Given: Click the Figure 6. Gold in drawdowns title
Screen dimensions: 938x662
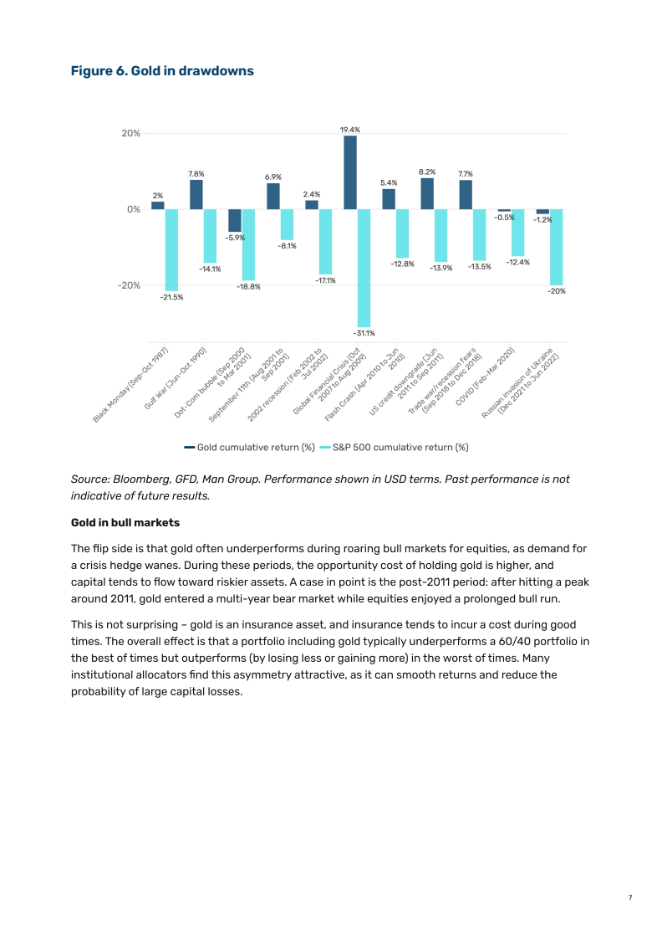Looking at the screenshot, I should [162, 71].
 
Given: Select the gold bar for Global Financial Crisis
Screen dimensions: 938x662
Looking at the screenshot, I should [350, 172].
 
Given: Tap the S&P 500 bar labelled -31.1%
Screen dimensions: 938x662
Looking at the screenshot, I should [364, 268].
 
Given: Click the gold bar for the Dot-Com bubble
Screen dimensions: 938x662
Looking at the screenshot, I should [235, 221].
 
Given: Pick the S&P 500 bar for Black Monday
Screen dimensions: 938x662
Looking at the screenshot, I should [171, 249].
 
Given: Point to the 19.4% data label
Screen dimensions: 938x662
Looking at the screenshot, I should [350, 130].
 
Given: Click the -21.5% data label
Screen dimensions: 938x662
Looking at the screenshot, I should [171, 297].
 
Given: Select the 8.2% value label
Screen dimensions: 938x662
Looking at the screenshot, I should [427, 172].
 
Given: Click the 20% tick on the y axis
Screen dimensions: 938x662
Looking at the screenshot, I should [131, 133].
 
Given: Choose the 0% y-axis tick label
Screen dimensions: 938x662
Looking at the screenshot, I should [133, 209].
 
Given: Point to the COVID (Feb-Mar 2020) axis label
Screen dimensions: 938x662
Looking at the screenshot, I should [486, 377].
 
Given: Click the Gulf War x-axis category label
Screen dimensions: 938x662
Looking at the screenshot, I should [176, 377].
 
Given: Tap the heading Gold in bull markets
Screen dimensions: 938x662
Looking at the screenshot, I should [125, 523].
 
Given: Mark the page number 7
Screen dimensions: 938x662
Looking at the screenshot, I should [630, 898].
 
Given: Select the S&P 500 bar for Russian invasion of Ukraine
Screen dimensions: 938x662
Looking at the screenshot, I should [556, 247].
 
